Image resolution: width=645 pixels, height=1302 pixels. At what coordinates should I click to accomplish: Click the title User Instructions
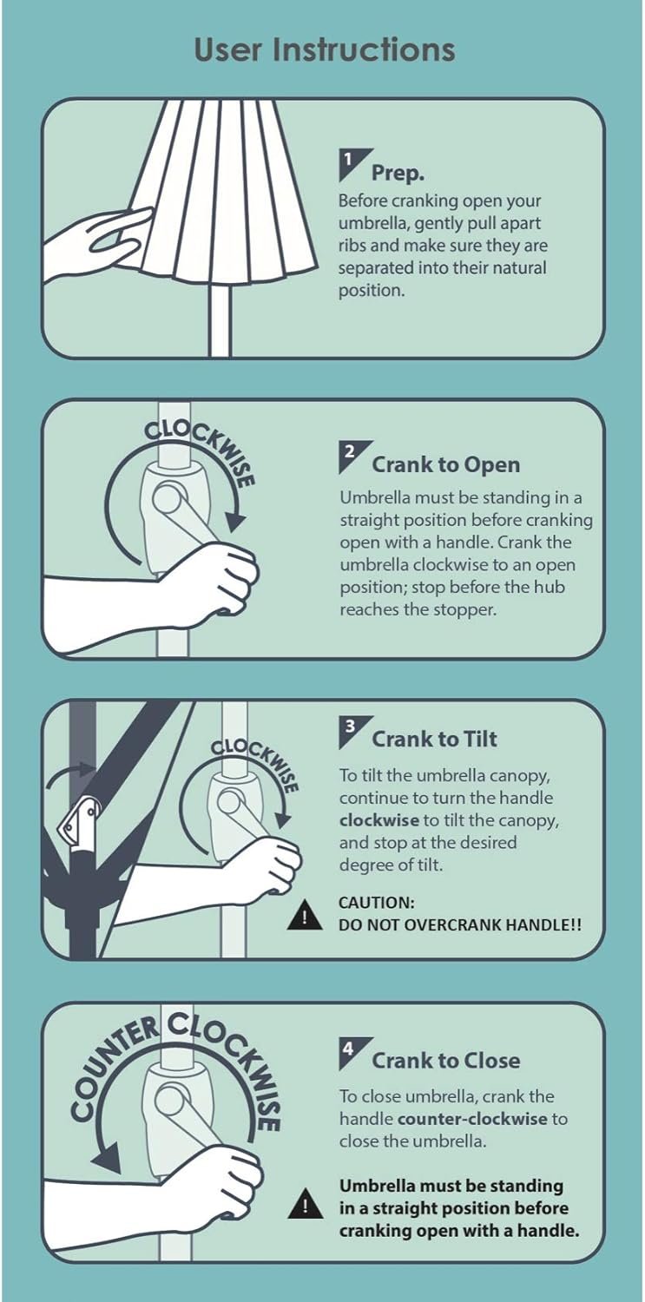coord(325,50)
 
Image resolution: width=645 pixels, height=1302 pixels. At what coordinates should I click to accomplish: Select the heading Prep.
coord(398,174)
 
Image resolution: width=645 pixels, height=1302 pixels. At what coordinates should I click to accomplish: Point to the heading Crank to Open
coord(445,465)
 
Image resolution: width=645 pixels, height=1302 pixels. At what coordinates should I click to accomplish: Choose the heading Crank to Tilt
coord(435,740)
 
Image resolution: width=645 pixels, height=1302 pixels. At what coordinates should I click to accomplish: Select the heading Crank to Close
coord(445,1061)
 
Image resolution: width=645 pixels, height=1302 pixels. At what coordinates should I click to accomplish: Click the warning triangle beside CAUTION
coord(305,914)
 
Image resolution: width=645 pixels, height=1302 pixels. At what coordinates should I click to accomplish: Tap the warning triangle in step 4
coord(305,1204)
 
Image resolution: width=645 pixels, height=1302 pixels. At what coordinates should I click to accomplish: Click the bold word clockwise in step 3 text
coord(378,820)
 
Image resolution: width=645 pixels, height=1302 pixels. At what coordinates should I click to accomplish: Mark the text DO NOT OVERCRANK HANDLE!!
coord(459,924)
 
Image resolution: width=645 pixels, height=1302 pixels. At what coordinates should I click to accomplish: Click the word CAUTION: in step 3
coord(377,903)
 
